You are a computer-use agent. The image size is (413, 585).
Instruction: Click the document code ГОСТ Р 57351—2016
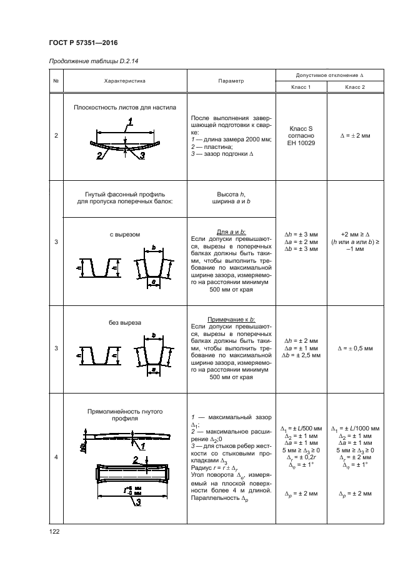coord(84,42)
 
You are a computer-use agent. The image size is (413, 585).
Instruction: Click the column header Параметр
coord(231,81)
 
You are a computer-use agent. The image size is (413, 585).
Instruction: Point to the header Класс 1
coord(301,87)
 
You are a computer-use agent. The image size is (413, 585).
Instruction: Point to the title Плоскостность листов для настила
coord(125,107)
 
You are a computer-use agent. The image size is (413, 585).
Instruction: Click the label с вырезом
coord(125,235)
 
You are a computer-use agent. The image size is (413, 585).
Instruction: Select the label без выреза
coord(125,323)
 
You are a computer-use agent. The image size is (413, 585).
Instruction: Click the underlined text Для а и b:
coord(231,231)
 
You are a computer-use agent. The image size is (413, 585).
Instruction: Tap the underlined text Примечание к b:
coord(231,319)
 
